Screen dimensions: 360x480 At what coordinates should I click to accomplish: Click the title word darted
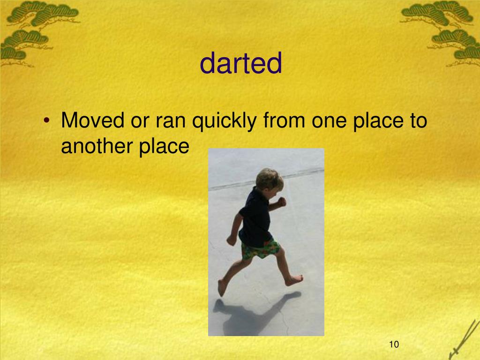pos(241,64)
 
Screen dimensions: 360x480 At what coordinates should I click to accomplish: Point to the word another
pos(96,147)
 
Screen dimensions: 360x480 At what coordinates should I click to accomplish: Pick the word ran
pos(169,122)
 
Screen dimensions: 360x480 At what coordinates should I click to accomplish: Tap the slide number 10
pos(393,345)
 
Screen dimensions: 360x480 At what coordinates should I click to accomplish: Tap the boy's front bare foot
pos(222,287)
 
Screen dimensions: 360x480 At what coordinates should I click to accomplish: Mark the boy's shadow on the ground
pos(253,312)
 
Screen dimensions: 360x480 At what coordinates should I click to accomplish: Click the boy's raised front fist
pos(281,202)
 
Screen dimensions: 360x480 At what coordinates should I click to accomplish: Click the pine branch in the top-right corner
pos(445,28)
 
